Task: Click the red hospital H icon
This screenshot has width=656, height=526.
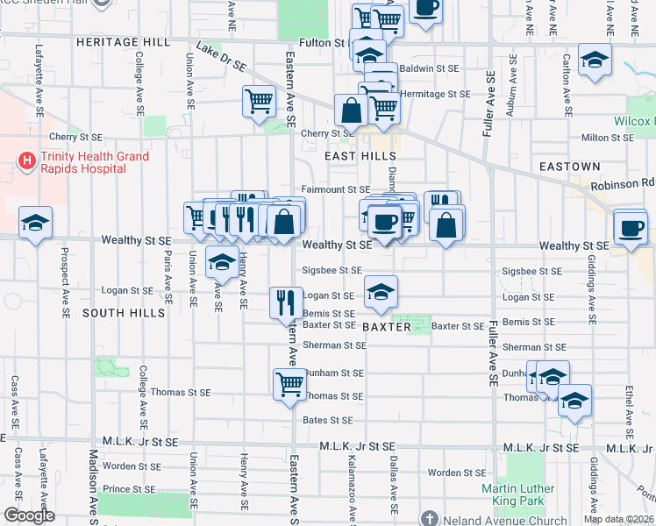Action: [27, 160]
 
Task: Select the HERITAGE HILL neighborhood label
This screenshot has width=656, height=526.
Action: [122, 42]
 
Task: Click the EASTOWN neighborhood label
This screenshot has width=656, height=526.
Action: [570, 166]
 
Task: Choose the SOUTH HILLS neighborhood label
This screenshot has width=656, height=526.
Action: [124, 312]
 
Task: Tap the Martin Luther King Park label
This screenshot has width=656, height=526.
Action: [518, 495]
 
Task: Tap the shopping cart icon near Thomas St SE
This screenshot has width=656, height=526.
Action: [289, 382]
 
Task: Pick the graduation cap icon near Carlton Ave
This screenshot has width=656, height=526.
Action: [595, 60]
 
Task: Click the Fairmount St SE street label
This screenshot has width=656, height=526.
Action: [336, 189]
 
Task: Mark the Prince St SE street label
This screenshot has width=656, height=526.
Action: [129, 489]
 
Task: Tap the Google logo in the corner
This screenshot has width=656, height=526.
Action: [29, 515]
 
